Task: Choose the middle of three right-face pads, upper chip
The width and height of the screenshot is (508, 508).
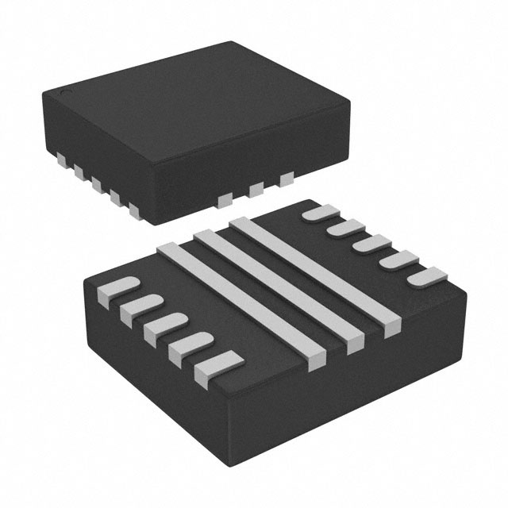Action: click(x=256, y=189)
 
